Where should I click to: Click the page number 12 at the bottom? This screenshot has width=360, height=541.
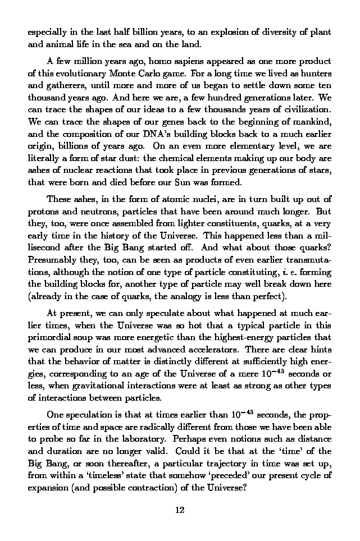coord(180,511)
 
